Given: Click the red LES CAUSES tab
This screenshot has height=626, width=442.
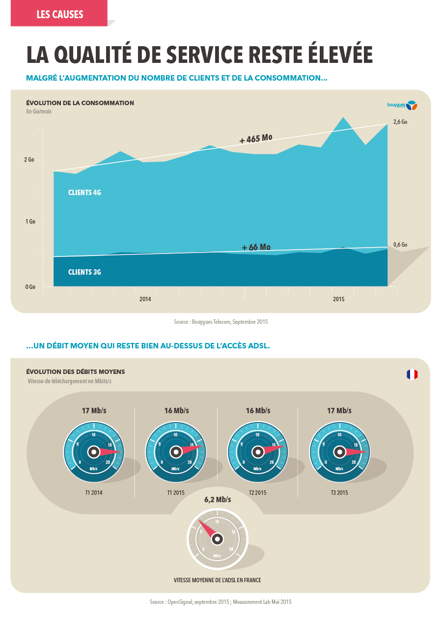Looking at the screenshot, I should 59,14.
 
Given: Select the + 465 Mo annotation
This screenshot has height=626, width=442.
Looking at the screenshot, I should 255,139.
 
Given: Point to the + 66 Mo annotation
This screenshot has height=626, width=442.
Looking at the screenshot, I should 256,247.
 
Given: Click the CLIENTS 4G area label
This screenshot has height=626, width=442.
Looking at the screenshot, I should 84,193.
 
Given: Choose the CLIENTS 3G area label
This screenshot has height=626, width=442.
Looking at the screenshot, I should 84,272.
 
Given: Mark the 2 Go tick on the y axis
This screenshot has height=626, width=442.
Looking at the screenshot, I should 30,160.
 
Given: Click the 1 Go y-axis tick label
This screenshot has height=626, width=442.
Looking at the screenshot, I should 30,222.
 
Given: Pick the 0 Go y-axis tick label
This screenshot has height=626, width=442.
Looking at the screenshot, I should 30,286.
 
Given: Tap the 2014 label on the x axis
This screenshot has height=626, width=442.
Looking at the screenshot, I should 145,299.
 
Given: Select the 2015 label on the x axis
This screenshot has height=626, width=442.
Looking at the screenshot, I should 338,299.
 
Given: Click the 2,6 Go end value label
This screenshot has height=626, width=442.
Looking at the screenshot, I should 400,122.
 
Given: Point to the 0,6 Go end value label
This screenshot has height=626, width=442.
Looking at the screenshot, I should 400,245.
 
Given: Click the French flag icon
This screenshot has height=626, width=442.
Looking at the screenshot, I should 412,374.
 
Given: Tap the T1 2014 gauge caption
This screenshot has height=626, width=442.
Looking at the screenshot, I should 93,492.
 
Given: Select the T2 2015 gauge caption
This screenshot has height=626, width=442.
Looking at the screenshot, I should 257,492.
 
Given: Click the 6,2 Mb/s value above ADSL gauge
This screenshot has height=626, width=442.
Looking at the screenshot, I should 218,500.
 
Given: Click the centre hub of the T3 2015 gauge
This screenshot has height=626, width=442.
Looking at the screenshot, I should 339,452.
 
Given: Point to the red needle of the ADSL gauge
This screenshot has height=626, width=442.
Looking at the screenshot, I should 207,529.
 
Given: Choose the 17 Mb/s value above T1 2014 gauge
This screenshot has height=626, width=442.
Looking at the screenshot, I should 94,411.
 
